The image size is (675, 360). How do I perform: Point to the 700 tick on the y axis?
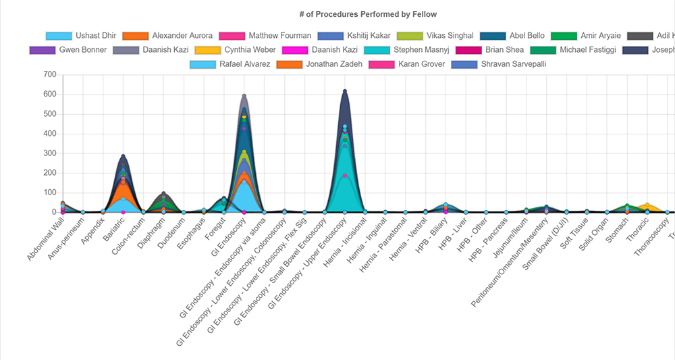click(48, 75)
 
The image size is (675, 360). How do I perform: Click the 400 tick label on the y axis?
click(48, 134)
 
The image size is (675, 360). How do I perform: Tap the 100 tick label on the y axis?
click(48, 192)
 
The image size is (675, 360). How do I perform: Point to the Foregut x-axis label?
click(215, 228)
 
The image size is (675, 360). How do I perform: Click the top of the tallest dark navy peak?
click(345, 91)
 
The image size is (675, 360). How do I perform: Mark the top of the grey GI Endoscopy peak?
click(244, 95)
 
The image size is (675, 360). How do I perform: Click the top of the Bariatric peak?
click(123, 155)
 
